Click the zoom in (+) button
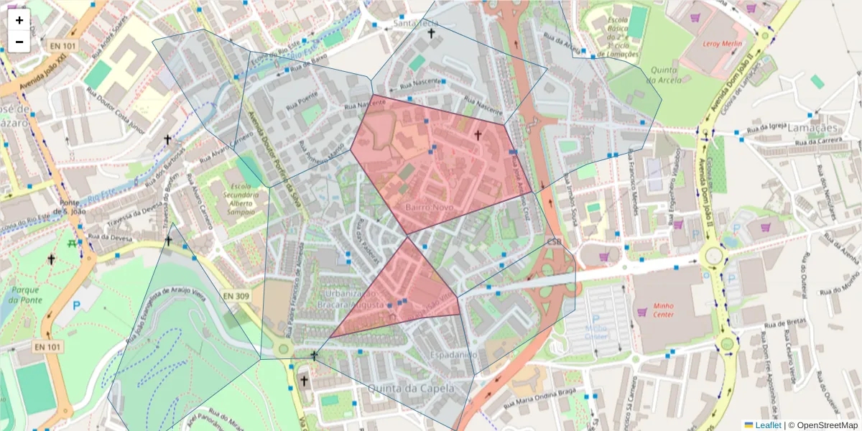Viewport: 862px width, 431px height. click(19, 20)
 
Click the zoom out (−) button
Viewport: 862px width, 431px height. click(19, 42)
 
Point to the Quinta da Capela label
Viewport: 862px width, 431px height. click(411, 388)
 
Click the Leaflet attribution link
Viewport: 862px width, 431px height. click(768, 425)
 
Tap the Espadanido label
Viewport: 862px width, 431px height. click(453, 355)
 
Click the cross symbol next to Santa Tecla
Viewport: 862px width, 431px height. click(431, 33)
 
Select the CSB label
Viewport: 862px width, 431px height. click(554, 242)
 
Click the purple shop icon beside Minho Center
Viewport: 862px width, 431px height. click(641, 312)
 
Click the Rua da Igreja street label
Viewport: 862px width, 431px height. click(764, 129)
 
